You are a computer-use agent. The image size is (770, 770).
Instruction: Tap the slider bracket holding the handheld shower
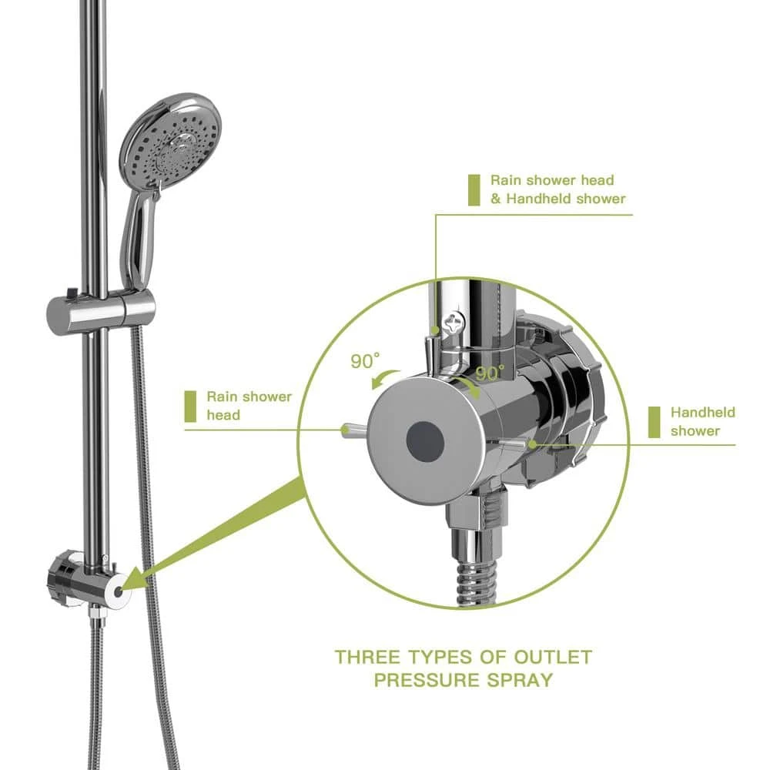tap(101, 309)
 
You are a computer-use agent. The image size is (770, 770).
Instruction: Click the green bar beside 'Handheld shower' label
tap(654, 421)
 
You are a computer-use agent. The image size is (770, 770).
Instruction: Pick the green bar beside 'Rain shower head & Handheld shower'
tap(474, 189)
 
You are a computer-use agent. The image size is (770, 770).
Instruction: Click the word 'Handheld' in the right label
tap(702, 413)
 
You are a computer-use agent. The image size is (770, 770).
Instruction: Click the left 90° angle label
tap(366, 361)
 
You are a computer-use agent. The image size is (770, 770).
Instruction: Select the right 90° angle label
tap(490, 373)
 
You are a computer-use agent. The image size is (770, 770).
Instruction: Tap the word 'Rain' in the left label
tap(223, 397)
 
